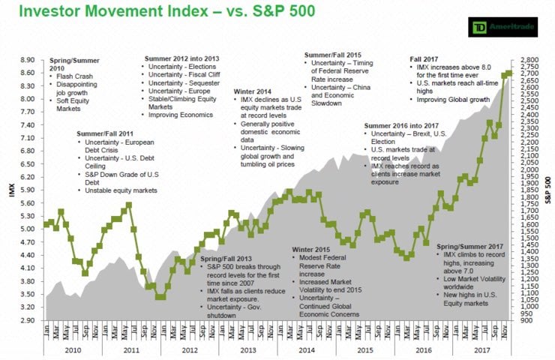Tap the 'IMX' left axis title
point(10,190)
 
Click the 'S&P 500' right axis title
point(549,190)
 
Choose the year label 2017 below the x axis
point(481,350)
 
